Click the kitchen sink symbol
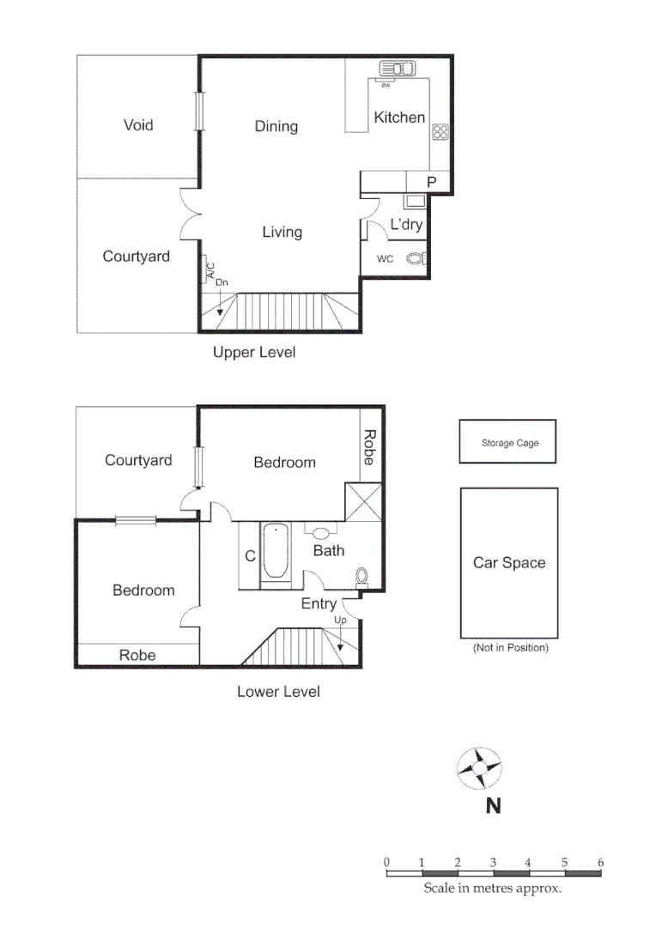coord(396,70)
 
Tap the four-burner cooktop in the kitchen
coord(440,132)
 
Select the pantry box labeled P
coord(431,182)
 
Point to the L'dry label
coord(405,225)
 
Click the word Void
coord(138,125)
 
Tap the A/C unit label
coord(209,270)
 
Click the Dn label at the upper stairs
coord(222,282)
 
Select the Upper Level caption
coord(254,353)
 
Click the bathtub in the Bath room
coord(276,551)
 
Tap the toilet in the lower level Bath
coord(361,577)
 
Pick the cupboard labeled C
coord(250,556)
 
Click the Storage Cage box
coord(508,443)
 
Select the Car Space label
coord(509,563)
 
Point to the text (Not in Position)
coord(510,648)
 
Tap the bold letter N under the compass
coord(493,806)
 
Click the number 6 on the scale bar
coord(600,862)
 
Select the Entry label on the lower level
coord(319,604)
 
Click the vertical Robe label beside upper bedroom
coord(368,447)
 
